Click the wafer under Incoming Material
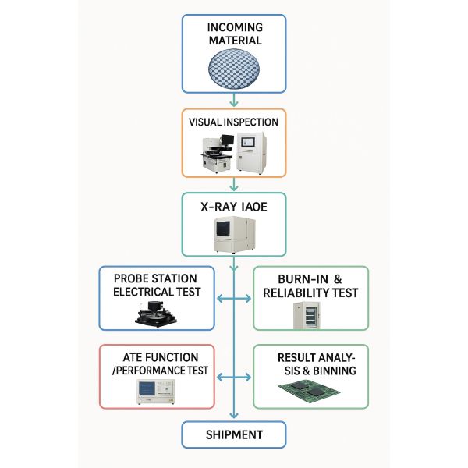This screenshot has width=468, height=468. tap(234, 69)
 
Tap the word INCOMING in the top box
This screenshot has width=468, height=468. tap(236, 27)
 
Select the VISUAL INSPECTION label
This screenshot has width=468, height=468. tap(233, 122)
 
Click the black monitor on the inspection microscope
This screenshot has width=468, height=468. tap(227, 139)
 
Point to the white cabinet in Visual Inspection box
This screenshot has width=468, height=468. tap(251, 154)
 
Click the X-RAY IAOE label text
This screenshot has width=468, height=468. tap(234, 207)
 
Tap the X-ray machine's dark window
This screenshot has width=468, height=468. tap(223, 229)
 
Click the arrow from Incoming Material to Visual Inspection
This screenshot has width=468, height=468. tap(234, 100)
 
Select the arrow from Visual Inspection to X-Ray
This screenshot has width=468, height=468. tap(234, 184)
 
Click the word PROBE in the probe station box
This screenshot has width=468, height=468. tap(132, 278)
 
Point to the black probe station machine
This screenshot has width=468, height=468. tap(156, 314)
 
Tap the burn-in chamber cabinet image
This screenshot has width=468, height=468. tap(307, 315)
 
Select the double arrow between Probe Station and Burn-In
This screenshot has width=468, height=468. tap(234, 299)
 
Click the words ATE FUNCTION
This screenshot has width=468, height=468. tap(161, 357)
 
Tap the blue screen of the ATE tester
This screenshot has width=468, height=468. tap(147, 388)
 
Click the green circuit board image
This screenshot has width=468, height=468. tap(309, 388)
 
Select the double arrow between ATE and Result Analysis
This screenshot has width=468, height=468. tap(234, 378)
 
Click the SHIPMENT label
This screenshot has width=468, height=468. tap(234, 435)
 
